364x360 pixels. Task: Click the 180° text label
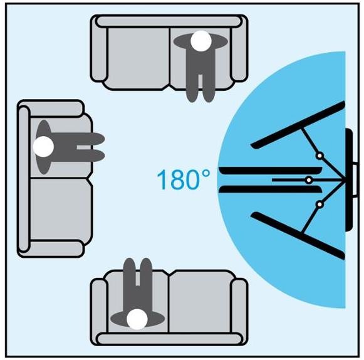point(184,179)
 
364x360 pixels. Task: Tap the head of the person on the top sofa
point(201,41)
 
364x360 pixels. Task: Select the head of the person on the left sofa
point(43,146)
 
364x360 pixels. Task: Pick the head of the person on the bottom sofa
point(137,319)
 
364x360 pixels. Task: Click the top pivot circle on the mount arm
point(320,156)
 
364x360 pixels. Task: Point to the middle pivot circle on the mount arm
point(309,180)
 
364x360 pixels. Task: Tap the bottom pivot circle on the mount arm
point(320,204)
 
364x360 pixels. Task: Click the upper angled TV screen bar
point(298,125)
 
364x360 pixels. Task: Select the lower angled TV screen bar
point(298,235)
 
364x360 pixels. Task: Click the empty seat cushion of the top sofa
point(138,58)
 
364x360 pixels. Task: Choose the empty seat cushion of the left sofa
point(61,209)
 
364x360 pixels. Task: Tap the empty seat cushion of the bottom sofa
point(200,302)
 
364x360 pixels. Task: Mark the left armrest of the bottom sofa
point(99,312)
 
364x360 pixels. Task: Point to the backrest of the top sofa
point(169,21)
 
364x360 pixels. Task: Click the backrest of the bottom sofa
point(169,339)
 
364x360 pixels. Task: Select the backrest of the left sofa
point(24,178)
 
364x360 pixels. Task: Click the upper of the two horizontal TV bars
point(271,171)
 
